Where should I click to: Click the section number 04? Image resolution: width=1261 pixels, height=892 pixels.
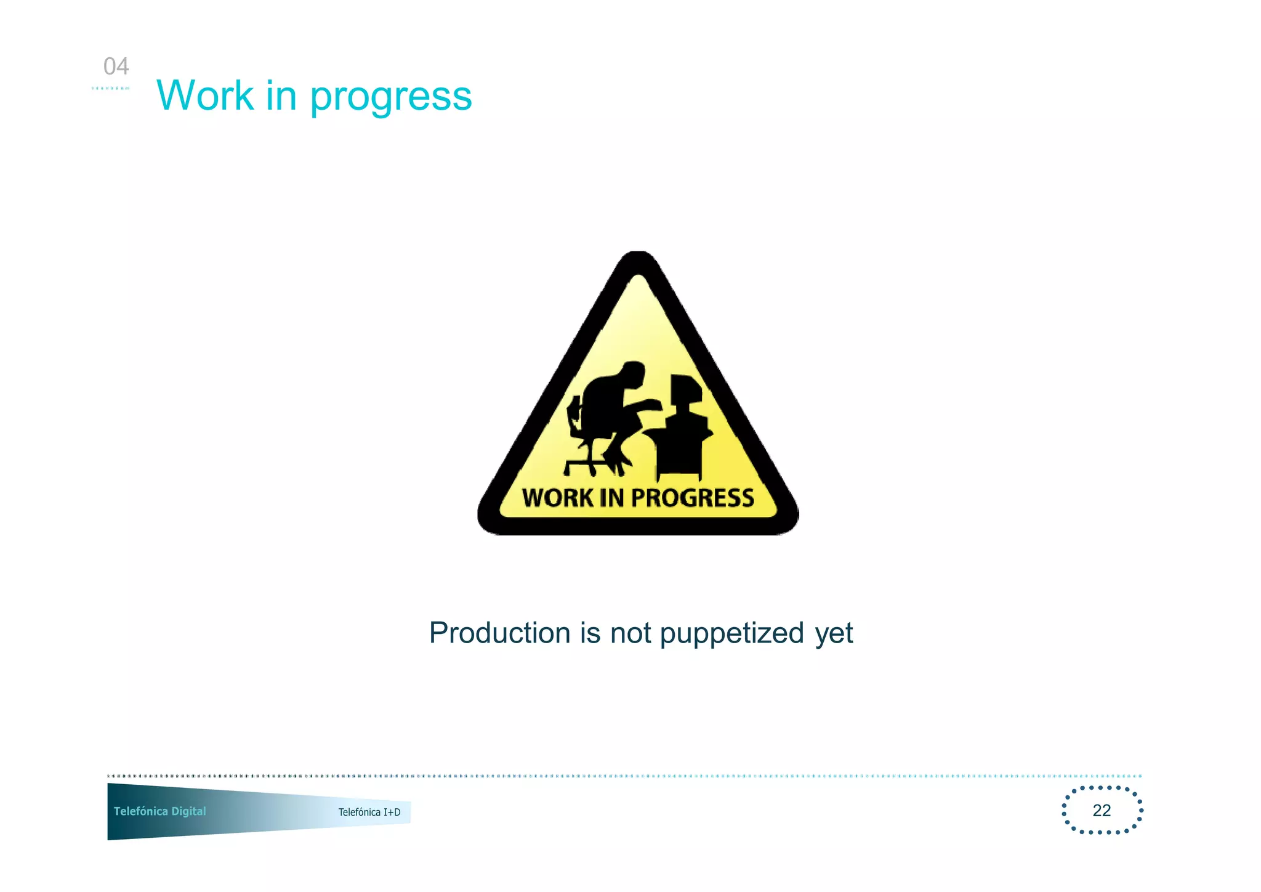tap(116, 67)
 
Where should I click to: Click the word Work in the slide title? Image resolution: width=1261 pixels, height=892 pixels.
tap(205, 96)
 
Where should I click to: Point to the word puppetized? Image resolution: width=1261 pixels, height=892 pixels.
tap(732, 634)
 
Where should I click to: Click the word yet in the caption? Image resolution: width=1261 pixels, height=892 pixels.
tap(834, 634)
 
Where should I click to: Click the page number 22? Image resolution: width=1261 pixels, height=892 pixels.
tap(1102, 810)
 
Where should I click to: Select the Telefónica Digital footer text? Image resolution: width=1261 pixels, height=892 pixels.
tap(159, 811)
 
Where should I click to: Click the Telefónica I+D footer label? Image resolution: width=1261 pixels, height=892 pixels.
tap(369, 812)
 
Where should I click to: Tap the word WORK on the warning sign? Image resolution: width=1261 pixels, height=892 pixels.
tap(557, 498)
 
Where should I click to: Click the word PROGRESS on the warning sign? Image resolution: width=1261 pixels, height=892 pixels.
tap(693, 498)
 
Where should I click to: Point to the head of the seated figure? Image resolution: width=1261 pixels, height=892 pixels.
tap(632, 375)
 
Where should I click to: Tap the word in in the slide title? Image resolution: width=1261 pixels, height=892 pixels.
tap(281, 96)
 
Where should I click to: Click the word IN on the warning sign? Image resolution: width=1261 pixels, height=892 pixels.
tap(611, 498)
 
